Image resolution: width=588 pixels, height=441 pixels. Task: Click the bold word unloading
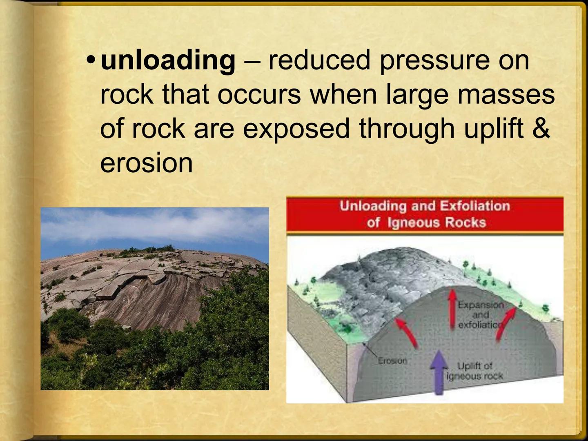coord(168,60)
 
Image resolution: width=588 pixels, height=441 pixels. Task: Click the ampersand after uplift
coord(541,128)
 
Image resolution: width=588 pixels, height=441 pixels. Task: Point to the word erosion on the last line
coord(146,163)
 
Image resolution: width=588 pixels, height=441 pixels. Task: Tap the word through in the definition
coord(407,128)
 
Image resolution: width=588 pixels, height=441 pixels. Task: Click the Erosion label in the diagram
coord(392,361)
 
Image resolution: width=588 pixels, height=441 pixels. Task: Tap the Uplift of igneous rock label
coord(474,371)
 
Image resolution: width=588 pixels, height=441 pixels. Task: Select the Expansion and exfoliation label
coord(480,315)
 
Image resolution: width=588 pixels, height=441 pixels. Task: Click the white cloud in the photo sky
coord(163,229)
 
